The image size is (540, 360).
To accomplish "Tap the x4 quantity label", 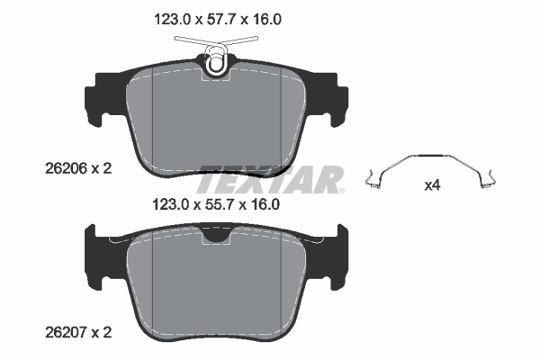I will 433,186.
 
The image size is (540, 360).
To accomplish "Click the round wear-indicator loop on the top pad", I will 216,62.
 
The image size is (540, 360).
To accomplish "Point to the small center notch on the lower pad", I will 216,237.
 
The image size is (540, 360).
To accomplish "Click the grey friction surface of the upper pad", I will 216,117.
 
